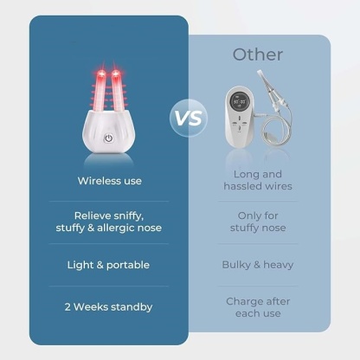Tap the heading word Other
coord(257,55)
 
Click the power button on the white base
coord(109,138)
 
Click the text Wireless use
coord(108,181)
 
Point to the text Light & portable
coord(108,264)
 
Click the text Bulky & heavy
coord(257,264)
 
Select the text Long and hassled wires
coord(257,180)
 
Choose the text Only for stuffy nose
coord(257,222)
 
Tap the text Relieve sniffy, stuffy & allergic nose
coord(108,222)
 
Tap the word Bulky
coord(237,264)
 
